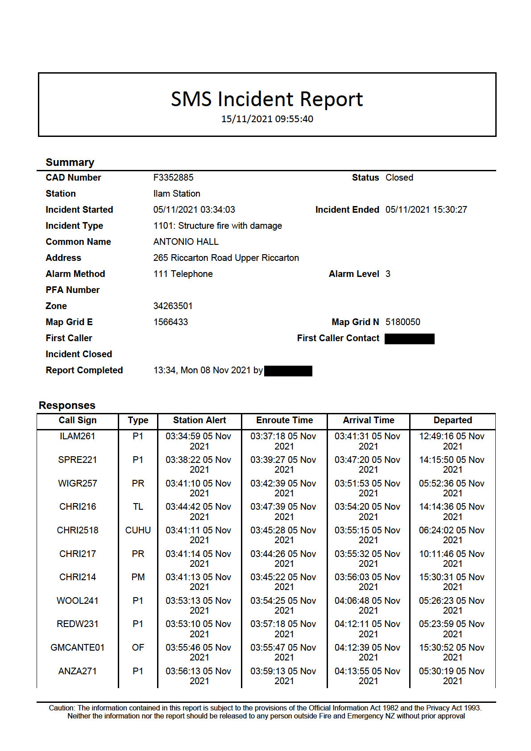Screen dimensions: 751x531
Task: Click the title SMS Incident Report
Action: (x=267, y=99)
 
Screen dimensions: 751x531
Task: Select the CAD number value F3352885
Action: (x=173, y=177)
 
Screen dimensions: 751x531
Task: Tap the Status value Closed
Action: (x=399, y=177)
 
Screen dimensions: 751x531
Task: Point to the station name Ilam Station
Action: (x=177, y=194)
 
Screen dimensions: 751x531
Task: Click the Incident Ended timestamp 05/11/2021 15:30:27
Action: (x=426, y=210)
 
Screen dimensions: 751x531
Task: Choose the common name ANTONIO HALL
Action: (x=186, y=242)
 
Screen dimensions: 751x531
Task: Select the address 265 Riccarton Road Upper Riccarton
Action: (x=226, y=258)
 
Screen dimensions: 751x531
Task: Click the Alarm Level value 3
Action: (x=388, y=274)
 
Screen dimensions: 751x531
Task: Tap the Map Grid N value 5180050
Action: (x=402, y=322)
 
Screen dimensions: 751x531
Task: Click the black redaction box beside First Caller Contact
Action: (x=409, y=339)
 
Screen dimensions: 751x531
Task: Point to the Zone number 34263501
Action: (x=173, y=306)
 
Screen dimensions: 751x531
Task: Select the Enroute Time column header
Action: (x=284, y=420)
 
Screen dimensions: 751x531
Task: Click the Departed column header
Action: (x=452, y=420)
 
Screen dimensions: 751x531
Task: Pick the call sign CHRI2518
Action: (x=78, y=530)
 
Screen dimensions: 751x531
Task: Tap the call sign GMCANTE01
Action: (x=78, y=648)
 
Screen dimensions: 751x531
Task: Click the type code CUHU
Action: (x=138, y=530)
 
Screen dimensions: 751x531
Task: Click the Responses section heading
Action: (x=67, y=405)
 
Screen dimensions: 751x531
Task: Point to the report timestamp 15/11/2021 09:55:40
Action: (x=267, y=119)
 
